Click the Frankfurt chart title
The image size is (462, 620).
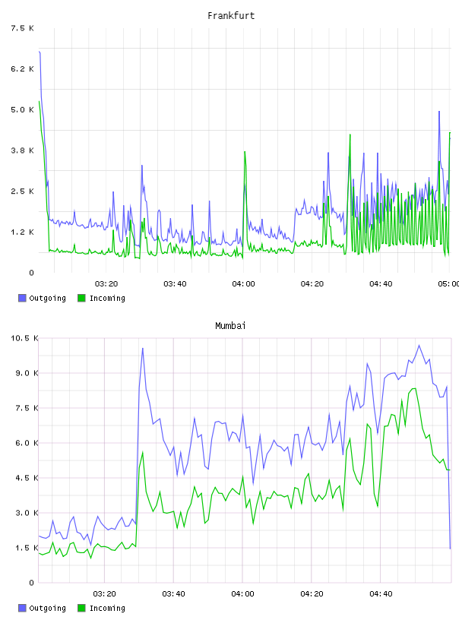coord(231,16)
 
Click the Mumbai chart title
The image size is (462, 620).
coord(230,325)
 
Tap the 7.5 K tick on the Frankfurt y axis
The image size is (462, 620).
coord(23,28)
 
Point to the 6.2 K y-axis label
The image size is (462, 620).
coord(23,69)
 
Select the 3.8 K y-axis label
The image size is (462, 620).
coord(23,150)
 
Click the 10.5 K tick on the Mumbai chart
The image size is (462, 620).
coord(25,338)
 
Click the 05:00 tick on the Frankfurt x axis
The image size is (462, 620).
coord(448,283)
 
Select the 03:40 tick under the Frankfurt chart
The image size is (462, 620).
coord(175,283)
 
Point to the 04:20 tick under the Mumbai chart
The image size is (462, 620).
coord(312,593)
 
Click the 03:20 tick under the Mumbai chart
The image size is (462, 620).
coord(104,593)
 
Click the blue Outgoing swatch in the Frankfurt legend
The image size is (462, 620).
coord(22,298)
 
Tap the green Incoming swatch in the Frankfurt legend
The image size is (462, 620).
coord(81,298)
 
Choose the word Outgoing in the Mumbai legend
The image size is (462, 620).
coord(47,608)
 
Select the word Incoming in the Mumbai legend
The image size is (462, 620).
coord(107,608)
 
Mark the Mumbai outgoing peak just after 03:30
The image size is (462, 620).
coord(142,348)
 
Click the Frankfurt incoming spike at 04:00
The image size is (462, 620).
coord(245,152)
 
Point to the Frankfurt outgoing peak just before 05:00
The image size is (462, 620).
coord(439,112)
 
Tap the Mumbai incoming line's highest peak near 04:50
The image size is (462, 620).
coord(414,389)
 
